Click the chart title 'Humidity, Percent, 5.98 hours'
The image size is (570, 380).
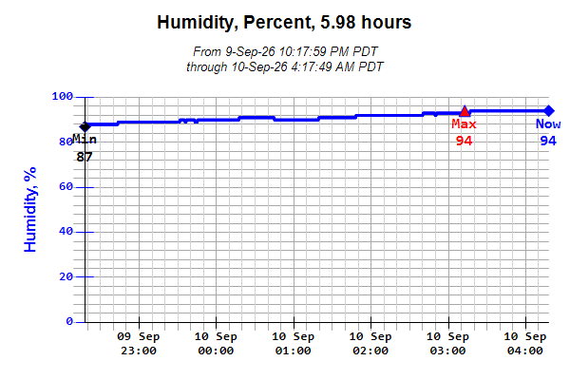pos(284,22)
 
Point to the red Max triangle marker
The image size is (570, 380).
pos(465,111)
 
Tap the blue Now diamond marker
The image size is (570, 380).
pos(548,111)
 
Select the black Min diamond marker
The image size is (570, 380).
pos(85,127)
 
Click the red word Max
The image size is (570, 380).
pos(464,124)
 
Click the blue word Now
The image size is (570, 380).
pos(548,124)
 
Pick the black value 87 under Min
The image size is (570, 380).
pos(85,157)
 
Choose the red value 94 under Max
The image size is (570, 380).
pos(465,141)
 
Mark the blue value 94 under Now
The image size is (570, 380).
pos(548,141)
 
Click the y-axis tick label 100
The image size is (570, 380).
pos(62,96)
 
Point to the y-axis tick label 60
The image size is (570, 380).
pos(66,186)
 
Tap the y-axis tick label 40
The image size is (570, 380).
pos(66,231)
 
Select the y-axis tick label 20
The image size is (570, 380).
pos(66,276)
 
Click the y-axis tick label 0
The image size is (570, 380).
pos(69,321)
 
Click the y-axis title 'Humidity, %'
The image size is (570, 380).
pos(30,209)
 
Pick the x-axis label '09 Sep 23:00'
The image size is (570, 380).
pos(139,344)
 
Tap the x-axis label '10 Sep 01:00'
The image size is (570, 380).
pos(293,344)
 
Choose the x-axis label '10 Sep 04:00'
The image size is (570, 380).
pos(525,344)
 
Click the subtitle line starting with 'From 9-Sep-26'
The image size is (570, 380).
pos(285,51)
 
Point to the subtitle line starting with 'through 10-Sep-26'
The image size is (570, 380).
pos(285,67)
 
